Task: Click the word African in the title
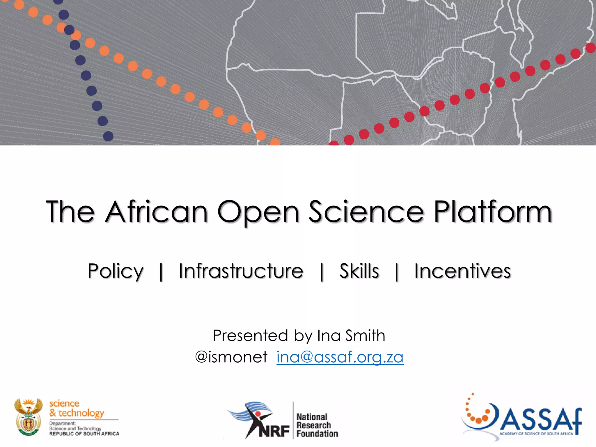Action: point(156,212)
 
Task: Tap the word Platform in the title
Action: point(493,212)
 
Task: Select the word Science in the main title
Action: point(366,212)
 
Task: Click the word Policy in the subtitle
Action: point(116,272)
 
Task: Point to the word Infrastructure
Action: point(241,271)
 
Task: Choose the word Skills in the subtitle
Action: point(359,271)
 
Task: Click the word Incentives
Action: point(462,271)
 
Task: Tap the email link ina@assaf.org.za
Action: point(340,357)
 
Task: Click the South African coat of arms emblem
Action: point(28,417)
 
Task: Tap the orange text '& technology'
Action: point(77,413)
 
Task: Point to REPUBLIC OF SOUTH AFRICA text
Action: point(84,434)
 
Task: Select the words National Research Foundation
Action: point(317,425)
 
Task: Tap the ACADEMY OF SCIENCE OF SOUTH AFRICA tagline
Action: point(536,434)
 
